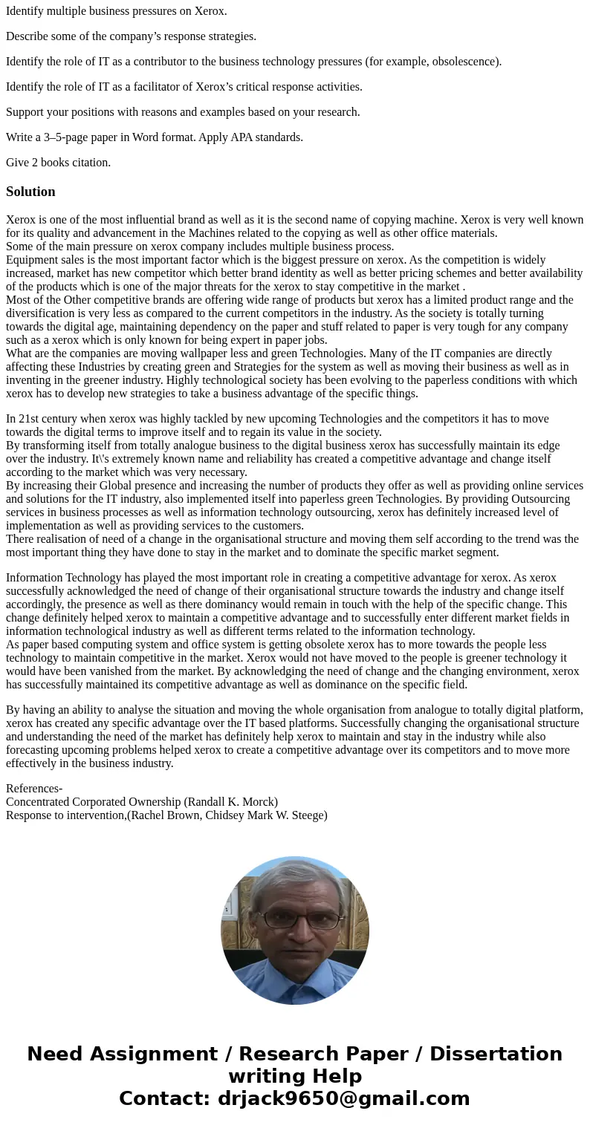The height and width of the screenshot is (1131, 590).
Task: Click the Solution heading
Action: click(x=30, y=192)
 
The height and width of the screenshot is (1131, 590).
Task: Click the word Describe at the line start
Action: click(x=27, y=36)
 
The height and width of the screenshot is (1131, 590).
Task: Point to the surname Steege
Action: click(x=304, y=815)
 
